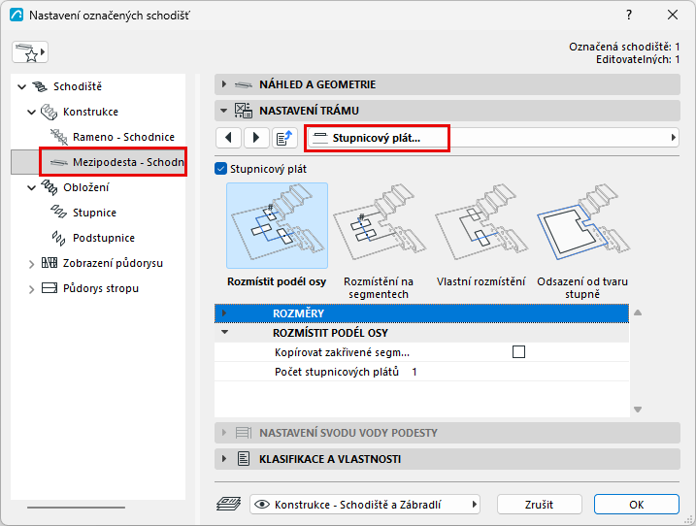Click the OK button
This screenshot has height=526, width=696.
(637, 505)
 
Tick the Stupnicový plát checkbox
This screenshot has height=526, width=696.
(220, 169)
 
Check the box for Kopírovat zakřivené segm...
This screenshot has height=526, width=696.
(518, 352)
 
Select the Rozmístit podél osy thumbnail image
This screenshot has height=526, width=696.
(277, 225)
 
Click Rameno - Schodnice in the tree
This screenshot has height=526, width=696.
(123, 137)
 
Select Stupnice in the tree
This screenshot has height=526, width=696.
(94, 213)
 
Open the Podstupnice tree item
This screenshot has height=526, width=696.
(104, 238)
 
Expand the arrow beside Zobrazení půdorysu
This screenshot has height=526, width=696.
(31, 264)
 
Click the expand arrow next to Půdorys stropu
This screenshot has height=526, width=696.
(31, 289)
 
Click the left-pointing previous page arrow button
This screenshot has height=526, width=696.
(228, 138)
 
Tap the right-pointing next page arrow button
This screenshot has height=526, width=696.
(256, 138)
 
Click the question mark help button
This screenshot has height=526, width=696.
(629, 16)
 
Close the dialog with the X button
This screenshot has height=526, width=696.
(673, 16)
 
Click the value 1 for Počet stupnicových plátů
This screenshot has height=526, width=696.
(414, 372)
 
